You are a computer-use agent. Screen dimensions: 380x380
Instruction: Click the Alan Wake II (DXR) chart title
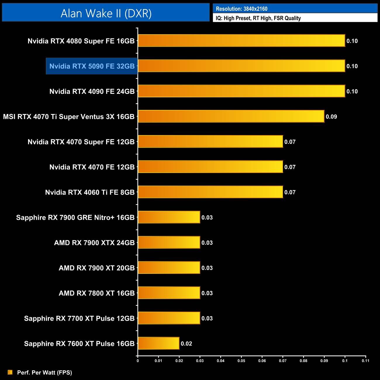[x=106, y=13]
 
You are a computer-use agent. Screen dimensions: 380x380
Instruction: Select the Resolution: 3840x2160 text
[x=241, y=9]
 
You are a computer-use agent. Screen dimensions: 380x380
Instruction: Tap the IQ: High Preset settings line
[x=258, y=18]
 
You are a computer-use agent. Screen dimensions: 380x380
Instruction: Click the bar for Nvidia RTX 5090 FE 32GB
[x=241, y=66]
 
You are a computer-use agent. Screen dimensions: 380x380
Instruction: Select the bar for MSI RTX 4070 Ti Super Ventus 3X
[x=231, y=116]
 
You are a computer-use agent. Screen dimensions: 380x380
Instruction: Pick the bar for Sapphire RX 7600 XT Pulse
[x=158, y=343]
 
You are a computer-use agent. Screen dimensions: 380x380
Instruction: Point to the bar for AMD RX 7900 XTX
[x=169, y=242]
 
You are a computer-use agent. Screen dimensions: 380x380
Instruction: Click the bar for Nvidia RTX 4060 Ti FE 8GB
[x=210, y=192]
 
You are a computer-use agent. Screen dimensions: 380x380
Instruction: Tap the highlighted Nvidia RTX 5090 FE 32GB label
[x=92, y=66]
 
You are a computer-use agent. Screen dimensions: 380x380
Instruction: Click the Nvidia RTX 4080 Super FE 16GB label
[x=81, y=41]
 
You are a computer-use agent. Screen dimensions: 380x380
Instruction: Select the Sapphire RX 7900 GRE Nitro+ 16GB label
[x=75, y=217]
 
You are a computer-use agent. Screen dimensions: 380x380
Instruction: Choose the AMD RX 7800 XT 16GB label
[x=96, y=293]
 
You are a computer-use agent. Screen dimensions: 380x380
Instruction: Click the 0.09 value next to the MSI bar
[x=331, y=117]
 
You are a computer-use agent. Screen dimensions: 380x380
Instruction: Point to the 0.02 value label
[x=186, y=343]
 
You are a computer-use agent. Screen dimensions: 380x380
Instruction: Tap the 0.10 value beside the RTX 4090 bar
[x=352, y=91]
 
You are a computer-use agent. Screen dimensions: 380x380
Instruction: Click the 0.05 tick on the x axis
[x=241, y=361]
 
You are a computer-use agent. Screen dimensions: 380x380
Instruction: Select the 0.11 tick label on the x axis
[x=365, y=361]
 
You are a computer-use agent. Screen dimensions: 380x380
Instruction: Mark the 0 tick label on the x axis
[x=138, y=361]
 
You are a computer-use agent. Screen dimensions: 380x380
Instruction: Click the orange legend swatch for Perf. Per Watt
[x=10, y=372]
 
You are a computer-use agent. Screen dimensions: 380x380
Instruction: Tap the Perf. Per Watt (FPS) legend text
[x=44, y=372]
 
